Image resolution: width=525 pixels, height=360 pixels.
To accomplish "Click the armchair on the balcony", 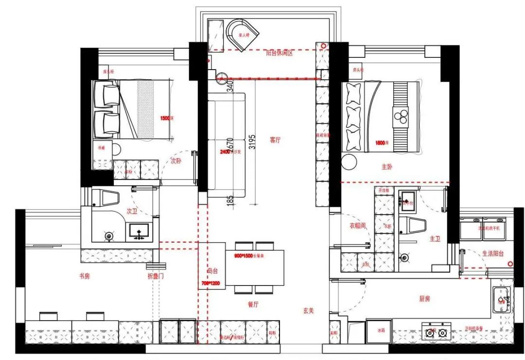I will [242, 34].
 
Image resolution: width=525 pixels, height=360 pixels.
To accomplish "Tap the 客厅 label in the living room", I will [276, 140].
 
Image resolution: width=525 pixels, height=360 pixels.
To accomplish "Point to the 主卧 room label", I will [386, 167].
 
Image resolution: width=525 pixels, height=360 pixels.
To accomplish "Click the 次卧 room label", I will [176, 161].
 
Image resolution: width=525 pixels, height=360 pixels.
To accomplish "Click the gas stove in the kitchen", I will [436, 333].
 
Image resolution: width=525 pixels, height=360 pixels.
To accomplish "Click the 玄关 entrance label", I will [308, 310].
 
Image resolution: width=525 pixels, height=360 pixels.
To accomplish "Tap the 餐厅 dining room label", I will [252, 304].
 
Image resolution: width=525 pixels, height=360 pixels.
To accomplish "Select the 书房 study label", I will [84, 276].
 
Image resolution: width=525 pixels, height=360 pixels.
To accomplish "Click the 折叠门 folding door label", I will [156, 276].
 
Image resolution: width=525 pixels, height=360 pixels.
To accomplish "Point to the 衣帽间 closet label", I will [357, 226].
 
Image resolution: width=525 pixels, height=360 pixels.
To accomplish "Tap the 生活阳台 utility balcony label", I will [493, 253].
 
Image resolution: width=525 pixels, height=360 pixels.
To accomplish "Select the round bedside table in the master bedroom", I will [350, 161].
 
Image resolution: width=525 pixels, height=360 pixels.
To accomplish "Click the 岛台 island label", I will [212, 271].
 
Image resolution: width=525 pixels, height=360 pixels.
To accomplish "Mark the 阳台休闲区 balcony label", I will [280, 53].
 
